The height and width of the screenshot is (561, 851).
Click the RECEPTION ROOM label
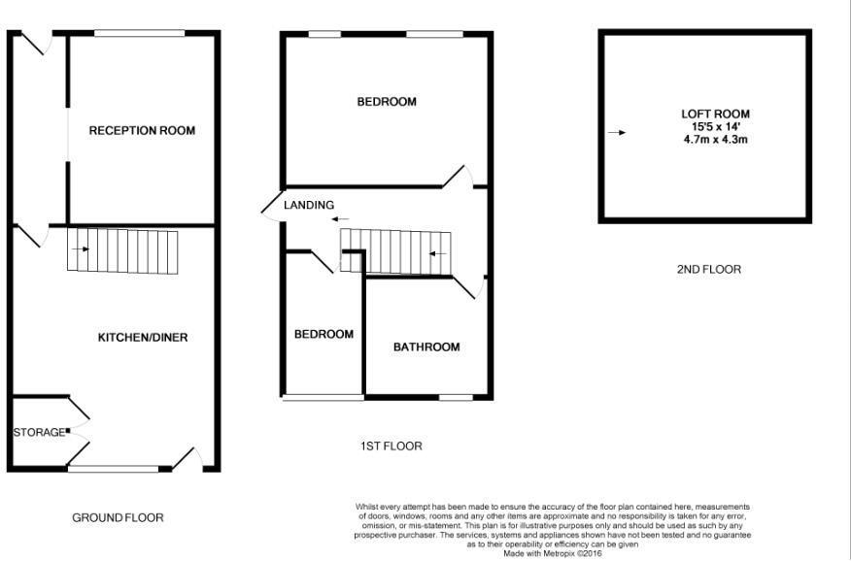[x=142, y=131]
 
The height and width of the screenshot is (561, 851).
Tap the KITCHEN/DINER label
[x=143, y=338]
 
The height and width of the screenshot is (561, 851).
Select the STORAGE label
[x=39, y=433]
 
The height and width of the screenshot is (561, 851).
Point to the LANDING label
[x=309, y=205]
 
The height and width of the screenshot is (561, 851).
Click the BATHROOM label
[x=426, y=346]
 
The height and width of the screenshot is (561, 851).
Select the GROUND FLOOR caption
[x=118, y=518]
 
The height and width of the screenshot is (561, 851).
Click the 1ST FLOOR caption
[x=391, y=446]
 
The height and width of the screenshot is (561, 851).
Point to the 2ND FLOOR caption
[x=709, y=270]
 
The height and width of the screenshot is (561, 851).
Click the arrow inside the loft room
[x=617, y=133]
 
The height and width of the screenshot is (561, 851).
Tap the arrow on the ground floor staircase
[x=81, y=249]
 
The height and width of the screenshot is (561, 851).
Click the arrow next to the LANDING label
[x=341, y=219]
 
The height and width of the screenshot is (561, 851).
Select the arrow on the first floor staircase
[x=438, y=253]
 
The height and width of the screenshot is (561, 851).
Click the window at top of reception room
[x=140, y=34]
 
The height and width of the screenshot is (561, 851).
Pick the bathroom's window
[x=456, y=397]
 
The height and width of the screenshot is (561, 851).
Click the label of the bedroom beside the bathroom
[x=324, y=335]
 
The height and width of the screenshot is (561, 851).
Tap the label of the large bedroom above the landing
[x=387, y=102]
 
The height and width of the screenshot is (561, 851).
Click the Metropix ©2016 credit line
[x=553, y=554]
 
